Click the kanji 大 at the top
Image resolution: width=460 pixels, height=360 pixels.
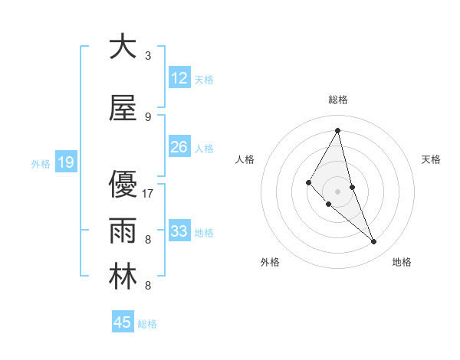pyautogui.click(x=123, y=47)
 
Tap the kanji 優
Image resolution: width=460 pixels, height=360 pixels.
pyautogui.click(x=123, y=185)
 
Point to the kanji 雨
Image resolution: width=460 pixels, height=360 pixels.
pyautogui.click(x=123, y=230)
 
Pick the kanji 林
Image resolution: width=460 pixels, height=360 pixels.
pyautogui.click(x=123, y=277)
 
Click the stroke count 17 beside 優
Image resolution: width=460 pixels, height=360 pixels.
pyautogui.click(x=149, y=194)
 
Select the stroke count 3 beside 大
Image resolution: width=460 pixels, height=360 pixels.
pyautogui.click(x=148, y=56)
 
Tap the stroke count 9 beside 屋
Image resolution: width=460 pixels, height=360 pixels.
pyautogui.click(x=148, y=117)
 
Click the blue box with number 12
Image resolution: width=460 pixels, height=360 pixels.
pyautogui.click(x=179, y=78)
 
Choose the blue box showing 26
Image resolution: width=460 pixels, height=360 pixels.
pyautogui.click(x=179, y=147)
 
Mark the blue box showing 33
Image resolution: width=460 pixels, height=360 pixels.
pyautogui.click(x=179, y=231)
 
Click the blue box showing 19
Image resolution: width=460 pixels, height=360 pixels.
pyautogui.click(x=66, y=162)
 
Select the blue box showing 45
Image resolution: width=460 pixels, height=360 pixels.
pyautogui.click(x=123, y=322)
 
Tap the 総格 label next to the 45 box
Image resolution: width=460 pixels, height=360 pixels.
pyautogui.click(x=147, y=324)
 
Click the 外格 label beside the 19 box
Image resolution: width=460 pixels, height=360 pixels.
pyautogui.click(x=41, y=163)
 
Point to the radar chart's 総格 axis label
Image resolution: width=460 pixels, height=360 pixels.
pyautogui.click(x=337, y=100)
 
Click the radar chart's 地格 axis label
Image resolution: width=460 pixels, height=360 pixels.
pyautogui.click(x=402, y=262)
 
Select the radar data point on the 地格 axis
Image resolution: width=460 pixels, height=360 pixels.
pyautogui.click(x=373, y=242)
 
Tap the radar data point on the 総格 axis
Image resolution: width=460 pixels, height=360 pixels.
pyautogui.click(x=337, y=130)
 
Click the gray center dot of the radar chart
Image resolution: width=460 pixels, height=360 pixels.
pyautogui.click(x=337, y=191)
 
